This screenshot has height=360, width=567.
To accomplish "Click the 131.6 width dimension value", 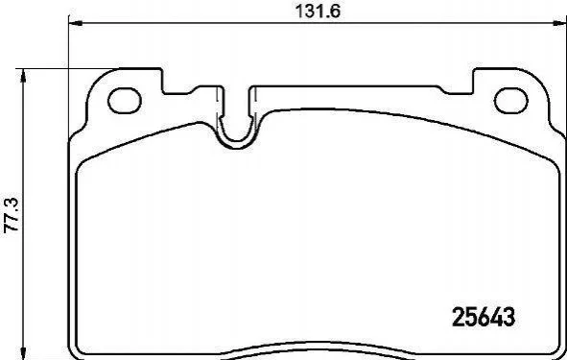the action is coord(318,12).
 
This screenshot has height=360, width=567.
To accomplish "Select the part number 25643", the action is coord(484,317).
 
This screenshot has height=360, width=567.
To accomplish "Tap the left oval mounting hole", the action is coord(125,100).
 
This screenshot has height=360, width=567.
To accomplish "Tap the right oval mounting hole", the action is coord(511,100).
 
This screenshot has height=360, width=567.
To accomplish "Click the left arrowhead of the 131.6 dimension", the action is coord(76,23).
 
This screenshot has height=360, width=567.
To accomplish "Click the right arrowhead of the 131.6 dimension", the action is coord(559,23).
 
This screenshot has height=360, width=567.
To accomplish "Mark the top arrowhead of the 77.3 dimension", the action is coord(23,76).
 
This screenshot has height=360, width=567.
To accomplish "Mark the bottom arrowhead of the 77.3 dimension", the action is coord(23,352).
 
